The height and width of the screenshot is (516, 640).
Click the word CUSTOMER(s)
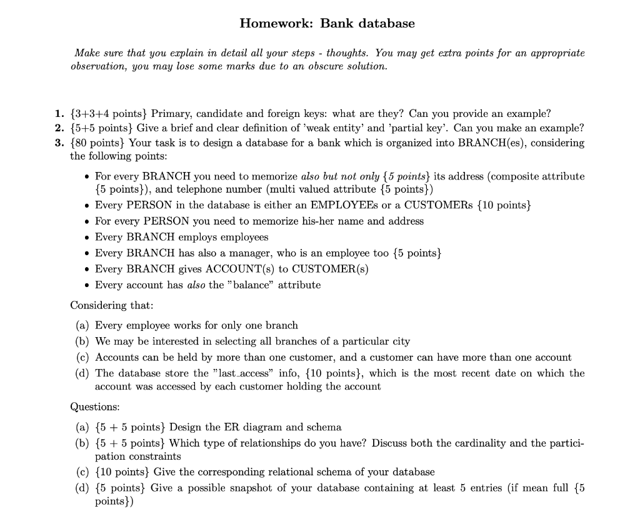coord(330,270)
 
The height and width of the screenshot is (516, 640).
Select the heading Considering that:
coord(112,305)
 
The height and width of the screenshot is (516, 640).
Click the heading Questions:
coord(95,407)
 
